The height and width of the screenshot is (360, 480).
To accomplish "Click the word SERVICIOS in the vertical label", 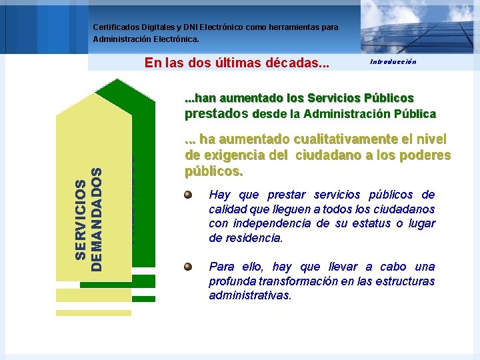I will tap(80, 219).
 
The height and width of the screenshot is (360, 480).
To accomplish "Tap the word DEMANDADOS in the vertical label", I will tap(97, 219).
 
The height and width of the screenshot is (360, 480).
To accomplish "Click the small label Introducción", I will tap(393, 61).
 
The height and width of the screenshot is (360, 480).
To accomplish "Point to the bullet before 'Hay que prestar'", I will tap(189, 195).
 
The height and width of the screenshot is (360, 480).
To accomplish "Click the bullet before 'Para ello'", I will tap(189, 267).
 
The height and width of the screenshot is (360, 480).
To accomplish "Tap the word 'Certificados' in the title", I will tap(118, 27).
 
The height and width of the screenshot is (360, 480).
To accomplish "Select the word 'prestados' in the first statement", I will tap(217, 113).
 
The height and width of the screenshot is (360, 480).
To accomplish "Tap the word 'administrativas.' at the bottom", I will tap(250, 295).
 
